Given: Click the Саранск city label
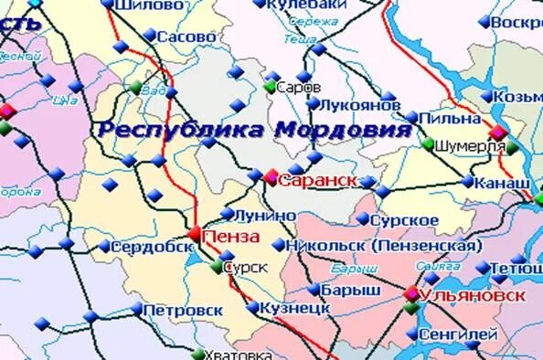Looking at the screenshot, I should (x=317, y=180).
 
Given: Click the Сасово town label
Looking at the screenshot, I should (x=186, y=37).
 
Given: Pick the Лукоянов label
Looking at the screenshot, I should (x=362, y=105).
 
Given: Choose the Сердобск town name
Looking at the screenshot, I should (x=152, y=247).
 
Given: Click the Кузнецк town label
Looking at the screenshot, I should (x=288, y=309).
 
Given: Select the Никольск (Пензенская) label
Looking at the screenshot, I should (x=383, y=246).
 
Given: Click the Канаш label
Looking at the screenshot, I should (x=502, y=183).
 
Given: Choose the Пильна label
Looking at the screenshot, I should (x=452, y=119).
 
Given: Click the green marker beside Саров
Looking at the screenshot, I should (x=270, y=87).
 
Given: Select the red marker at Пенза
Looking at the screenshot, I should (x=196, y=233).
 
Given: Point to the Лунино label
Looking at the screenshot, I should (x=266, y=215).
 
